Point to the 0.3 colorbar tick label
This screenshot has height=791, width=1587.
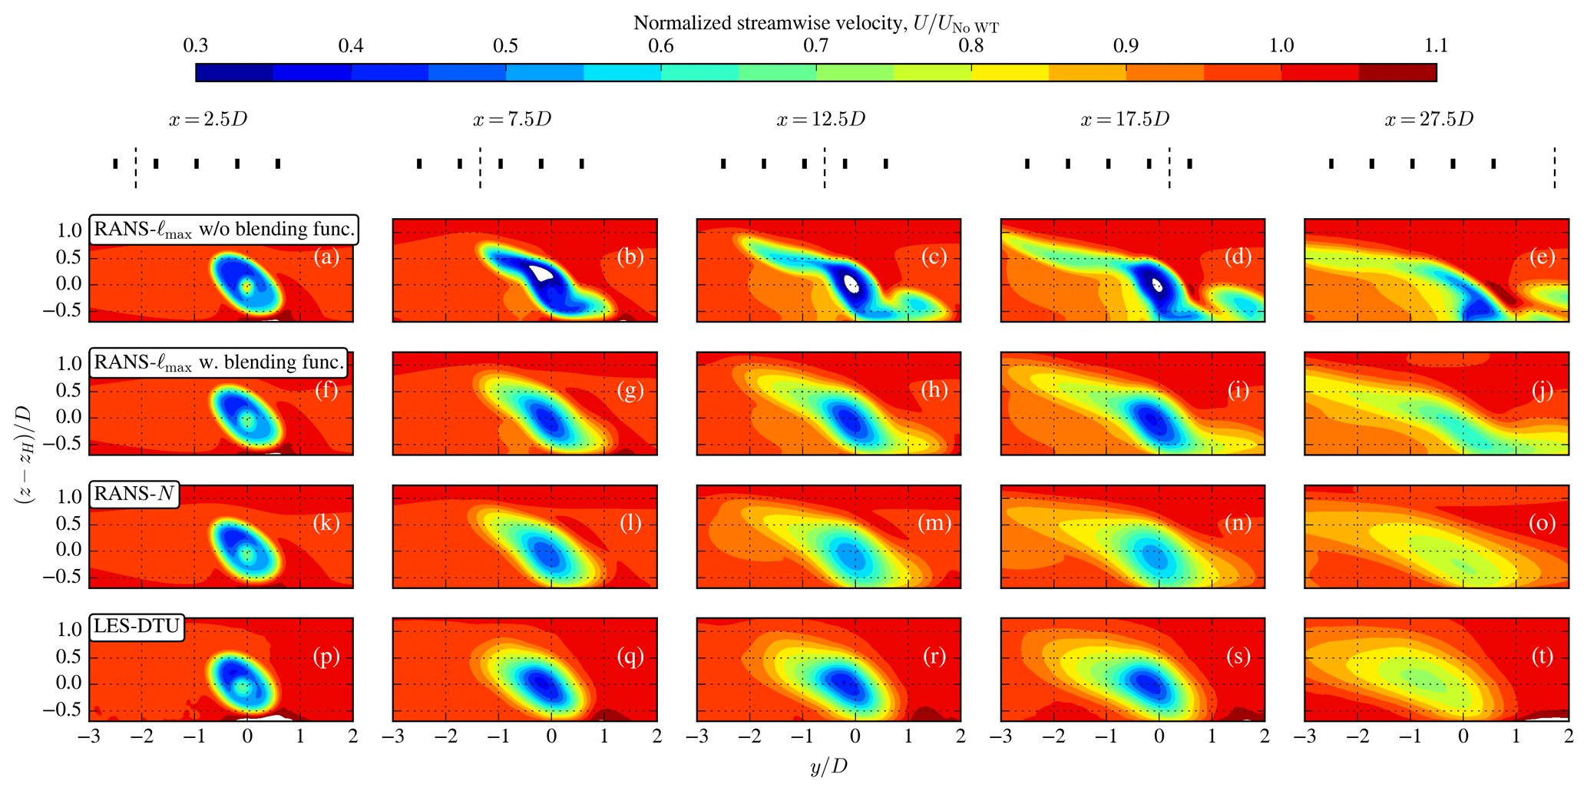pos(196,46)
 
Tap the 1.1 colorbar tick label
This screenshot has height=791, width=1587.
pos(1436,46)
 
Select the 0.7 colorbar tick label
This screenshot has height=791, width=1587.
pos(816,46)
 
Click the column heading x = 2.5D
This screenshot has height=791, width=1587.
pos(208,120)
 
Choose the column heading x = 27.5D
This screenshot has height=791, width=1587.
pos(1429,120)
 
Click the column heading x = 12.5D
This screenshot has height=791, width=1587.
pos(821,120)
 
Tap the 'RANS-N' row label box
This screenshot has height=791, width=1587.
pos(134,494)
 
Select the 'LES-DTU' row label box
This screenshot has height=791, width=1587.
pos(137,627)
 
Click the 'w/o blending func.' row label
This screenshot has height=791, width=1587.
pos(224,229)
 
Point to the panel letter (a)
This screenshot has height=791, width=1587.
pos(326,256)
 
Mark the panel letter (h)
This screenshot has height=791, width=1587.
pos(934,390)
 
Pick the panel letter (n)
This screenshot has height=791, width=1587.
pos(1238,523)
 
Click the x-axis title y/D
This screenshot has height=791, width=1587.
pos(828,766)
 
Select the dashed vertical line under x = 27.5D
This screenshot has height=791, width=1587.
pos(1555,168)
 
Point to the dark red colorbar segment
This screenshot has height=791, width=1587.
pos(1397,73)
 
